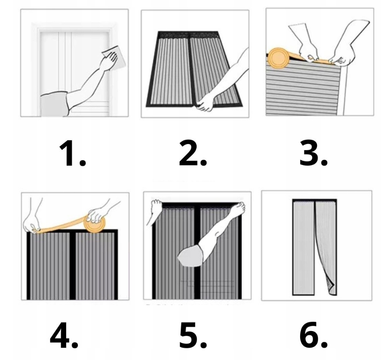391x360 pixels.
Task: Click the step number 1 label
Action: tap(72, 153)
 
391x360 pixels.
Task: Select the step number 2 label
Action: tap(193, 153)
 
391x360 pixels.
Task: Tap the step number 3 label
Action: tap(313, 153)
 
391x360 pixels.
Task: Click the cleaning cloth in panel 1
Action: tap(115, 57)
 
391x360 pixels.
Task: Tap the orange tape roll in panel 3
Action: tap(279, 58)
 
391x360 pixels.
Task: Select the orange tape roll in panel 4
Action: tap(94, 223)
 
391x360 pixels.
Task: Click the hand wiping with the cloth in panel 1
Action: tap(109, 61)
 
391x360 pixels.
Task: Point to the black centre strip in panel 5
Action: tap(197, 252)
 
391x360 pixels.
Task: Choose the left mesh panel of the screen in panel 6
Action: tap(304, 248)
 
